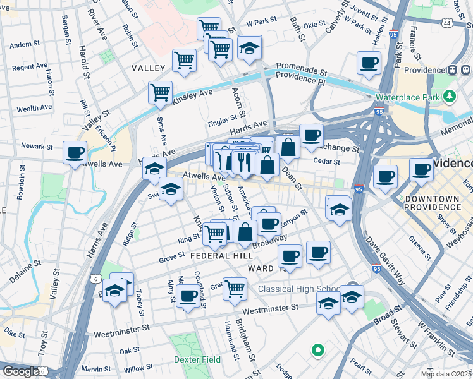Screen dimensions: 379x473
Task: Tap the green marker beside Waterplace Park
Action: tap(450, 97)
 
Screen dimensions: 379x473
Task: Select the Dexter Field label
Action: tap(197, 359)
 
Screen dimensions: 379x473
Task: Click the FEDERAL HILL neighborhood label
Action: tap(221, 256)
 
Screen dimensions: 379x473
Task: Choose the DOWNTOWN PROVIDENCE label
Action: tap(433, 203)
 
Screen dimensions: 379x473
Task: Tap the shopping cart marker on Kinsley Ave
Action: tap(161, 93)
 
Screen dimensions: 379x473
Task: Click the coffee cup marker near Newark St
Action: tap(75, 152)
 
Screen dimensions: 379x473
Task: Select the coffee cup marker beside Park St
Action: tap(369, 63)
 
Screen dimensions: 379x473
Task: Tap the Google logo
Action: tap(21, 371)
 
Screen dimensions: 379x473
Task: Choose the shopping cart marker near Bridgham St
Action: tap(235, 288)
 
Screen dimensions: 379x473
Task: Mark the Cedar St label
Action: tap(328, 162)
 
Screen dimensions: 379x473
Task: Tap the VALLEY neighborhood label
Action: tap(148, 68)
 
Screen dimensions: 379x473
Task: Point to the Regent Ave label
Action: tap(30, 66)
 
